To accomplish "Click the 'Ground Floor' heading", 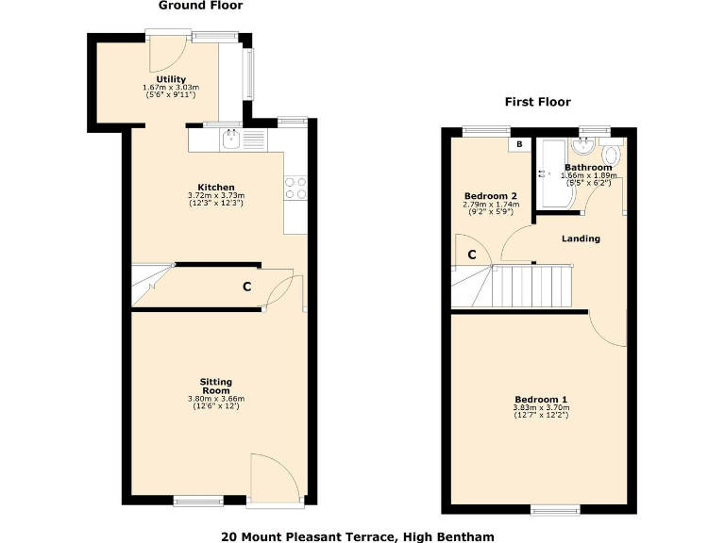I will pos(200,6).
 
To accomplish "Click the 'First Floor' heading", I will pos(538,103).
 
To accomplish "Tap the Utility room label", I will pos(171,79).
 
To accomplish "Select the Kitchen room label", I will pos(216,187).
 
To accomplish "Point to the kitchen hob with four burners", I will pos(295,189).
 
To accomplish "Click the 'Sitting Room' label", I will pos(215,387).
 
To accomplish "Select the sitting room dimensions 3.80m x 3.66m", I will pos(215,399).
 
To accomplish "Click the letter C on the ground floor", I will pos(247,287).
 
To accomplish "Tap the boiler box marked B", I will pos(518,145).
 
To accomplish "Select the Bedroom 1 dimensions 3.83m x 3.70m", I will pos(541,408).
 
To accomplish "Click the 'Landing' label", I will pos(581,239).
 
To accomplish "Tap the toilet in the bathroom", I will pos(612,155).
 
